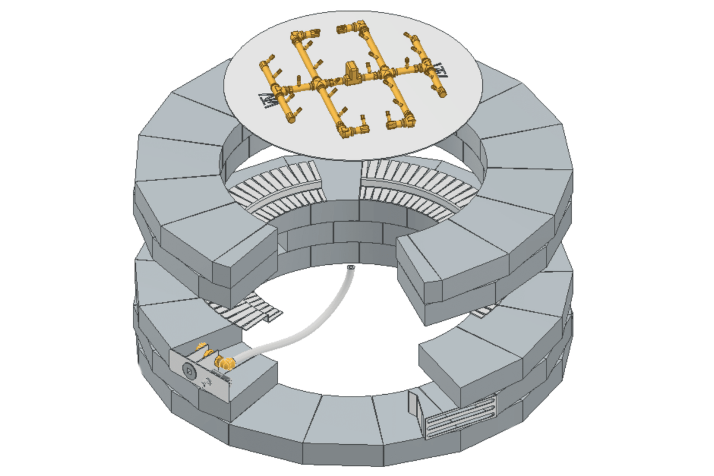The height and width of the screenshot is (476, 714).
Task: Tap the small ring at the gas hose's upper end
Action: [351, 268]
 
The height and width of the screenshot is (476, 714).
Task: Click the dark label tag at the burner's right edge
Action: [445, 73]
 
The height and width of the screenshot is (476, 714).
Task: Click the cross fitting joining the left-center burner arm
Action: [318, 85]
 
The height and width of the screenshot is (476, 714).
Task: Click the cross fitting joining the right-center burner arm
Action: [385, 73]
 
